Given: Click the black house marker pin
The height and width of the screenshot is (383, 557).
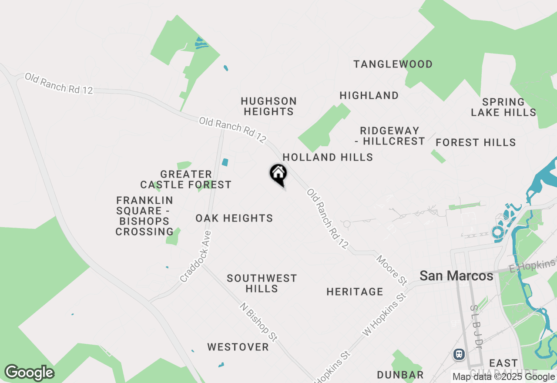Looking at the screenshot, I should pos(278,174).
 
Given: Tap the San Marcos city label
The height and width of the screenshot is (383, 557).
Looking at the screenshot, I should pos(456,276).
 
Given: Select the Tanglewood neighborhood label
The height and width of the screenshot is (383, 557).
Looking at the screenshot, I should pos(393,64).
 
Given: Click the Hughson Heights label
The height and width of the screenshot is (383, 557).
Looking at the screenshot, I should pos(269,106).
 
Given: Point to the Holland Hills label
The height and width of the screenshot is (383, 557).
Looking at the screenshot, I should pos(328,157).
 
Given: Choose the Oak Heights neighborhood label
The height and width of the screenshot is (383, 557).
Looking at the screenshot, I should pos(234,218).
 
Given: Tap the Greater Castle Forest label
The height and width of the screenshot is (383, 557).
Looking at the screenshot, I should pos(186,179).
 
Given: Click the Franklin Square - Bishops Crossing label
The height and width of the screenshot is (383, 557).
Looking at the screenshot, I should pos(144,216).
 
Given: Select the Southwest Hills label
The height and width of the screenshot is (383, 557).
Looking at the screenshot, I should pos(262,283).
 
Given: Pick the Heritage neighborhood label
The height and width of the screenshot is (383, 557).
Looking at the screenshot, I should pos(355,292).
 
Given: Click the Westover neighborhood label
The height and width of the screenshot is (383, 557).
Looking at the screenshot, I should pos(238,347).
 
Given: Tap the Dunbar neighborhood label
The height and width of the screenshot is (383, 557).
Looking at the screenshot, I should pos(400,375).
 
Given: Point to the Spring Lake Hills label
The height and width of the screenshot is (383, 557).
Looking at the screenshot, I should pos(503,107).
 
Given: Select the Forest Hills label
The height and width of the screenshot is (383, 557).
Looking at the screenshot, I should pos(476,142).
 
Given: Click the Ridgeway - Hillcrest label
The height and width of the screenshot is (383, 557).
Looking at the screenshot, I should pos(392,136).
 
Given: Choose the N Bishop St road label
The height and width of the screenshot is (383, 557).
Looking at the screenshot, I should pos(258,322).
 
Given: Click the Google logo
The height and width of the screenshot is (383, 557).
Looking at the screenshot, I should pos(29,373).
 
